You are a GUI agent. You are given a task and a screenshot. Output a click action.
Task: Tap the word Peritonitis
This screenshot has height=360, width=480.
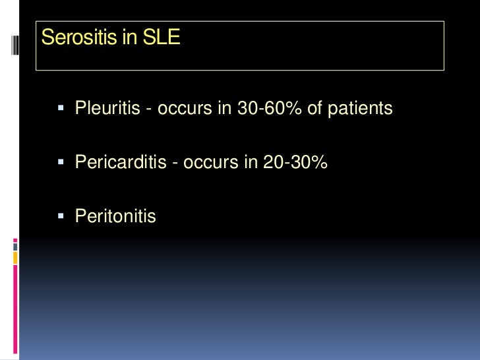click(115, 216)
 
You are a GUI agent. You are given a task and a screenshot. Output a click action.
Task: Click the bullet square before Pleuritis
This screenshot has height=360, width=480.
click(61, 107)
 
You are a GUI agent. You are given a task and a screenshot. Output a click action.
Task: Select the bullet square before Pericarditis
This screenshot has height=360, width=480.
click(61, 162)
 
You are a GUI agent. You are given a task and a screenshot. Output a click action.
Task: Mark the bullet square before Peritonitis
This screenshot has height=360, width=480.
click(61, 216)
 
